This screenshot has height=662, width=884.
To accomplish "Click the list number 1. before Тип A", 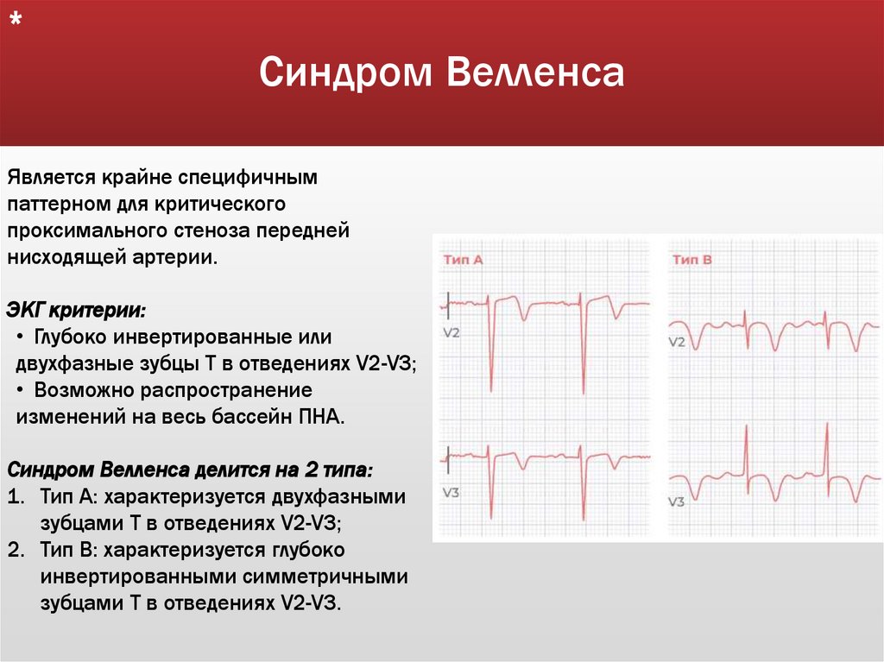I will coord(16,498).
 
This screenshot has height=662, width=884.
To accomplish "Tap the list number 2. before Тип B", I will coord(16,550).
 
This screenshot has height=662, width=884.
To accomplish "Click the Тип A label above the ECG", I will coord(463,259).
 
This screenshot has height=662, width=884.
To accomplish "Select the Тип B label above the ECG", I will coord(691,259).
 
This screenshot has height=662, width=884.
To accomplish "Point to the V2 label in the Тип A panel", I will coord(451,331).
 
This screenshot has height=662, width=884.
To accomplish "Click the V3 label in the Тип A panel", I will coord(451,492).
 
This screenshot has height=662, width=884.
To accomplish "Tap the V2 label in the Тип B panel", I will coord(678,342).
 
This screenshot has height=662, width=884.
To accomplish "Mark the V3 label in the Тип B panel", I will coord(677,501).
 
